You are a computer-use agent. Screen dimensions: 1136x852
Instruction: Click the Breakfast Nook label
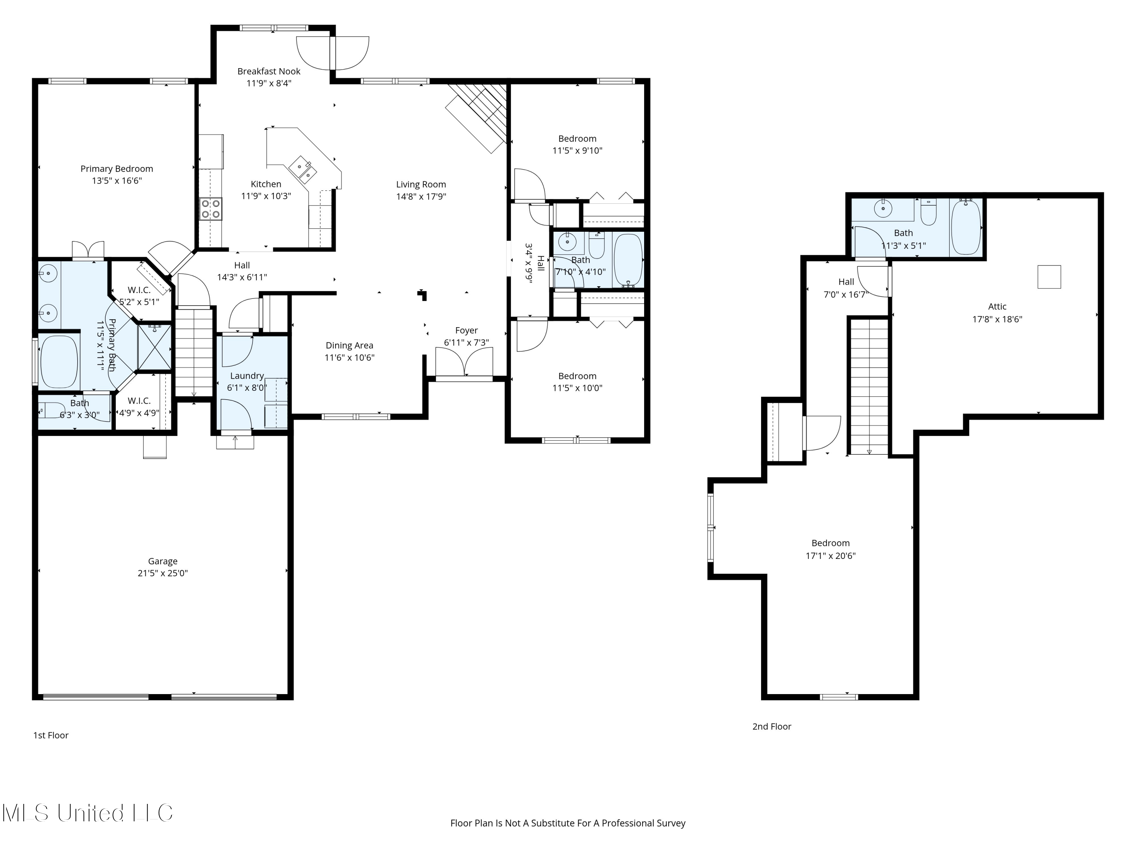tap(268, 72)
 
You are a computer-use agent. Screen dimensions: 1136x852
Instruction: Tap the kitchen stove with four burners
tap(211, 209)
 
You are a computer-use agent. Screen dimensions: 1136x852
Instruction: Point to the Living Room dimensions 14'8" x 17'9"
tap(421, 197)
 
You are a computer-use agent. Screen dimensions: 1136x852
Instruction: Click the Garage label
tap(163, 561)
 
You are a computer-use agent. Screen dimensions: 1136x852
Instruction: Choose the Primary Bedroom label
tap(117, 169)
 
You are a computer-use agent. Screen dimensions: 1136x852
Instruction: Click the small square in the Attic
tap(1049, 277)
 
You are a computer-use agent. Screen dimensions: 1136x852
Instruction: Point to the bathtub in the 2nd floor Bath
tap(966, 227)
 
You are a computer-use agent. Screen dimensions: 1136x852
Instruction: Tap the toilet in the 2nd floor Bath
tap(928, 212)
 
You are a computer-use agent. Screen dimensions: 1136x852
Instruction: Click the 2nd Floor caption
tap(772, 726)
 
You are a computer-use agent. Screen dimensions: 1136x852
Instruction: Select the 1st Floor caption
tap(51, 735)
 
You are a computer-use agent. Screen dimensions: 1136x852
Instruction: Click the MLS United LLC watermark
tap(87, 813)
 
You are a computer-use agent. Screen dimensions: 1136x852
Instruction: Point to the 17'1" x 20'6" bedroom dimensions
tap(830, 556)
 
